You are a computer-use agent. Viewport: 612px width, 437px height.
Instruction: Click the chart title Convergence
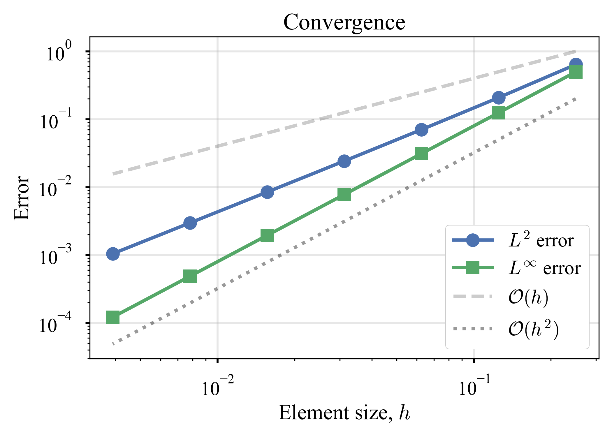coord(344,22)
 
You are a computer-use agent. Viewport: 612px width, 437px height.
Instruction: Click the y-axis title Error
coord(22,198)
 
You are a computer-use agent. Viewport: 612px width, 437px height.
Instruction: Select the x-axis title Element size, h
coord(344,413)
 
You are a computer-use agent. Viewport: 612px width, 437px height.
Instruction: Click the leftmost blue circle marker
coord(113,254)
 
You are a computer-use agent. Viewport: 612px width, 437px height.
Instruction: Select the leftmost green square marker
coord(113,317)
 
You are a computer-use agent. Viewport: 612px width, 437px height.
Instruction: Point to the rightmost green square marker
coord(576,72)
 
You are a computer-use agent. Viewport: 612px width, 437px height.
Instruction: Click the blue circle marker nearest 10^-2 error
coord(267,192)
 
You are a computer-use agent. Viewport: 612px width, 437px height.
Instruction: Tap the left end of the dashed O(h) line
coord(113,174)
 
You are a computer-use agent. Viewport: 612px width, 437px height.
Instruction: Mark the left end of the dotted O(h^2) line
coord(113,344)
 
